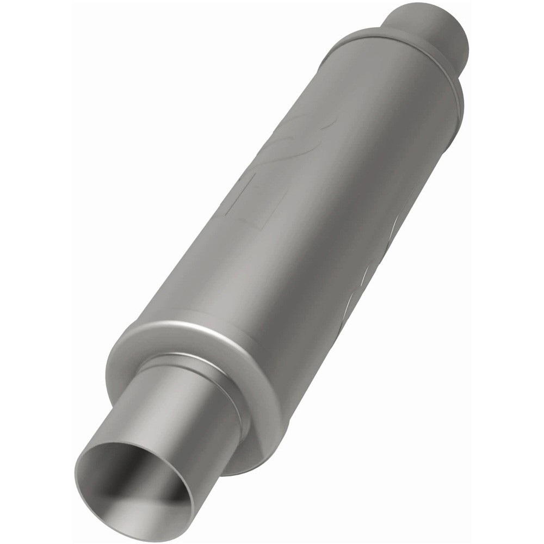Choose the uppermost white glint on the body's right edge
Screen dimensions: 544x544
coord(397,223)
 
